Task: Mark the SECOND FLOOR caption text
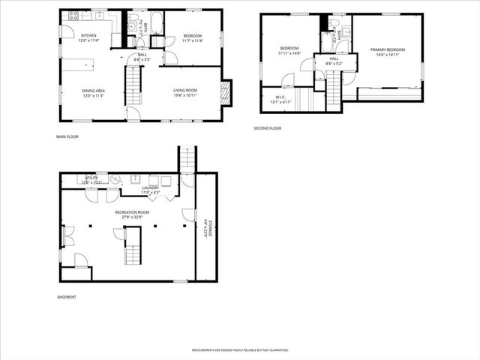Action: pos(266,128)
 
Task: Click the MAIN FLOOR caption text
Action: pos(67,136)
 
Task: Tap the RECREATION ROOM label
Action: pos(132,213)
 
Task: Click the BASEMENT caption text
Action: pos(67,297)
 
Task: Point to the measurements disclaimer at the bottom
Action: pos(239,350)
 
